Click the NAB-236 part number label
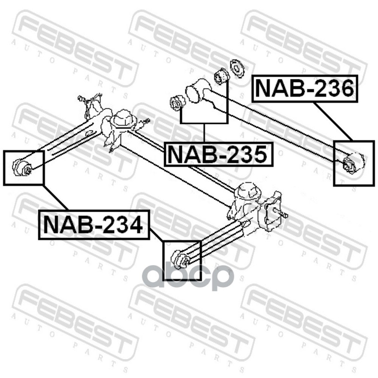coord(305,88)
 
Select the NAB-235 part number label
coord(219,154)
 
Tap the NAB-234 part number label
coord(94,224)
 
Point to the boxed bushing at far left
coord(23,166)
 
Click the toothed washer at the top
coord(235,67)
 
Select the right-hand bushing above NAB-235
coord(221,76)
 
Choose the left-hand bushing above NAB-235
coord(176,103)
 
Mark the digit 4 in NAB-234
coord(134,224)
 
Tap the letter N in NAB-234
coord(51,224)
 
